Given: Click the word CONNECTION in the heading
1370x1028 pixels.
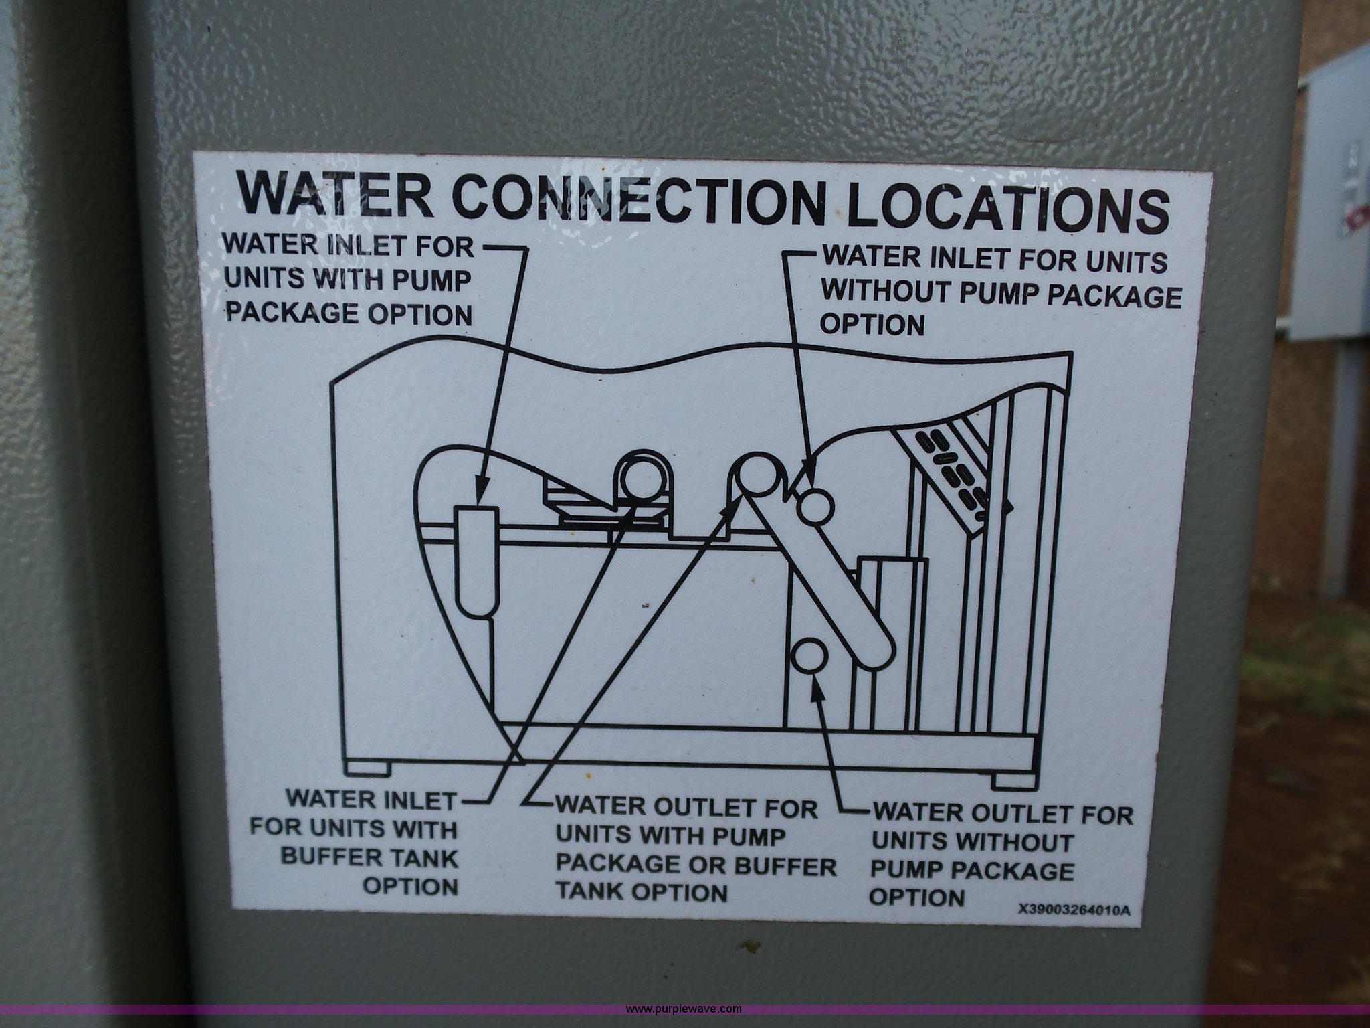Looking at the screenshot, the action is (640, 196).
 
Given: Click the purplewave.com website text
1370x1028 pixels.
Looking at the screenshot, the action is (684, 1008).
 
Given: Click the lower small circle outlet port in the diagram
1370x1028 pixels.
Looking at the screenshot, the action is (810, 658).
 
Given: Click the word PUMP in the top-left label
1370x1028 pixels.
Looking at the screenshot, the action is (434, 282).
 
